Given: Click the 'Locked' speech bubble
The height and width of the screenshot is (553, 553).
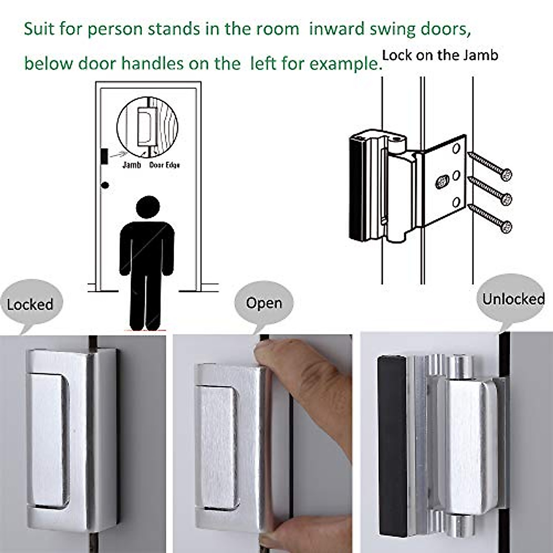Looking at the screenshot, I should click(30, 305).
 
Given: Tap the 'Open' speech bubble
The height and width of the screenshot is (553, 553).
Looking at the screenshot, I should click(264, 303).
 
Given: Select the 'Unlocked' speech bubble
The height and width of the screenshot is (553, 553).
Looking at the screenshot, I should click(513, 299).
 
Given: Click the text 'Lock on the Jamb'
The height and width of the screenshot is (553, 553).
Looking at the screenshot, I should click(440, 56).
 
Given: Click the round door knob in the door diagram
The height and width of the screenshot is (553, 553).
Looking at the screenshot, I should click(106, 185).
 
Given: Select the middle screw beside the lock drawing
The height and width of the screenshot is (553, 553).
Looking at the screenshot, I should click(490, 189).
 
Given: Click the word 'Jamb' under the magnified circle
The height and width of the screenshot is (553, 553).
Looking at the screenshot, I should click(131, 165).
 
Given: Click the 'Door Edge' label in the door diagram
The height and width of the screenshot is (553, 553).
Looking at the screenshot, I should click(164, 165).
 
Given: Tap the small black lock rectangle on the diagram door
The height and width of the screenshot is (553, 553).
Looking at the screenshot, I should click(104, 156).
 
